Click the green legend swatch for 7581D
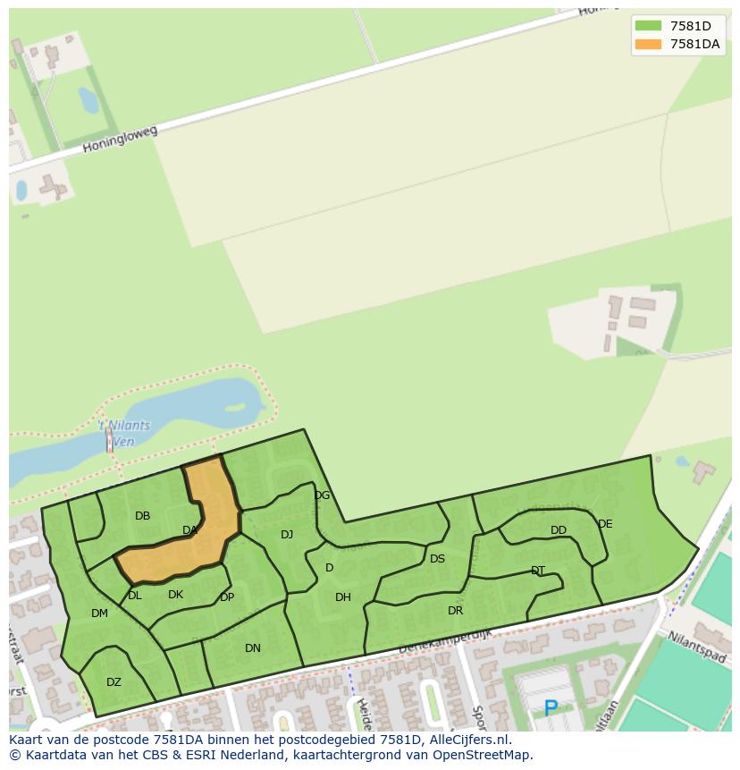click(648, 26)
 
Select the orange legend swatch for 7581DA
click(648, 44)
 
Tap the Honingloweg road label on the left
click(120, 139)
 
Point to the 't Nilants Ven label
click(124, 432)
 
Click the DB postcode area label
click(142, 516)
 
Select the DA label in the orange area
click(189, 530)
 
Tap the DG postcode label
click(322, 495)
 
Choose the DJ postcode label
click(287, 535)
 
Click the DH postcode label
click(343, 597)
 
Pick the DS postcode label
click(437, 559)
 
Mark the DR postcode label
click(456, 611)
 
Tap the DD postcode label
click(559, 530)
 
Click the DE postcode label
click(605, 524)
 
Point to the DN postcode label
click(253, 648)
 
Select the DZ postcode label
click(114, 682)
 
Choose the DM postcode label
click(99, 613)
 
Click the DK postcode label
click(175, 595)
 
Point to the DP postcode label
click(227, 597)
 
